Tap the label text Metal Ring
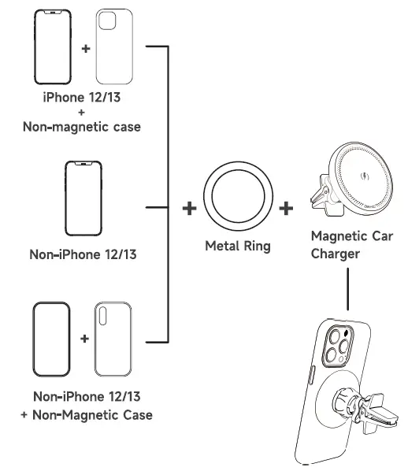pyautogui.click(x=237, y=247)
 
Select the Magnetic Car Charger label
pyautogui.click(x=346, y=244)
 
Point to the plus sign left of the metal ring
pyautogui.click(x=189, y=209)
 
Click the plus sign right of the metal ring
pyautogui.click(x=286, y=209)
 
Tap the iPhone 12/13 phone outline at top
pyautogui.click(x=53, y=47)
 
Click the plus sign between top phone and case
pyautogui.click(x=84, y=48)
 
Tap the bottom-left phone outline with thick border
pyautogui.click(x=53, y=340)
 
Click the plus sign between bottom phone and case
pyautogui.click(x=84, y=340)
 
